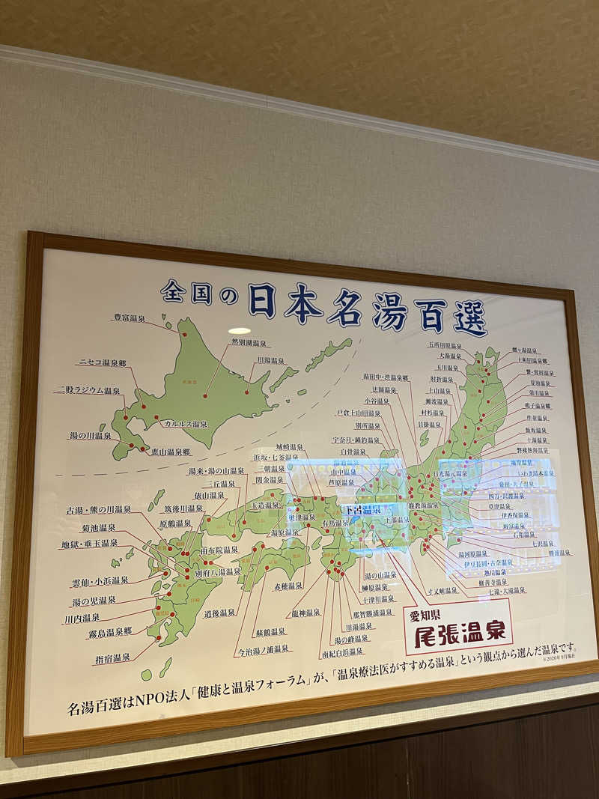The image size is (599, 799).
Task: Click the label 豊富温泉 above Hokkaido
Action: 129,318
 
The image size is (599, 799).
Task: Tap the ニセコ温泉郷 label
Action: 101,363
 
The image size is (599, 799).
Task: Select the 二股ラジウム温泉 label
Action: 88,391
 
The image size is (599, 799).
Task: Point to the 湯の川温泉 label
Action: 91,436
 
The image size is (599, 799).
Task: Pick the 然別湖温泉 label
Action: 249,343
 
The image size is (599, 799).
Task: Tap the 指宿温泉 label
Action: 112,658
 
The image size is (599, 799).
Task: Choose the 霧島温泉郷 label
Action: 109,632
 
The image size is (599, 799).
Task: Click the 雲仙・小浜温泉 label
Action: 100,580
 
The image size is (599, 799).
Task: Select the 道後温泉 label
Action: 219,613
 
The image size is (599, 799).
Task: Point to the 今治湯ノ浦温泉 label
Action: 264,650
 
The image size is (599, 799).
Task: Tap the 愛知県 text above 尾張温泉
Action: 425,616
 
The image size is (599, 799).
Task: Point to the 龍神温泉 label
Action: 305,613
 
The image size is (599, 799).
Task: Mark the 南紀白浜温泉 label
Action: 343,652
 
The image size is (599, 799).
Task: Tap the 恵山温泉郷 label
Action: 169,452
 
